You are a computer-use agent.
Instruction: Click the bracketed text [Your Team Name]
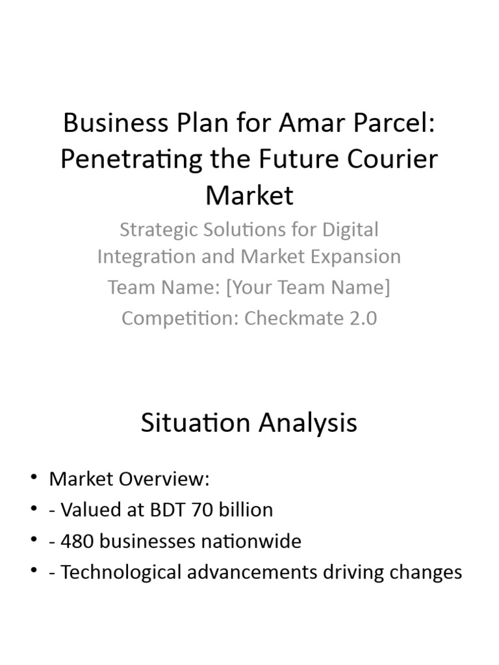pos(307,287)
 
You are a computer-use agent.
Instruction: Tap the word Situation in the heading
pos(196,423)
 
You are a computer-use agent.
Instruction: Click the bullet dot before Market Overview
pos(34,479)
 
